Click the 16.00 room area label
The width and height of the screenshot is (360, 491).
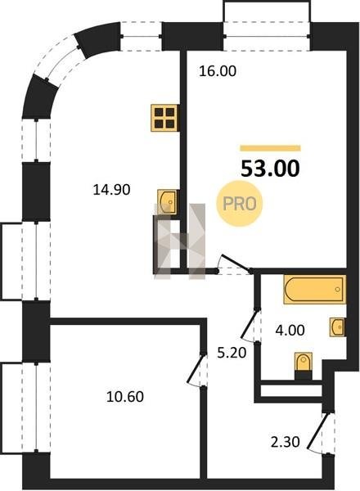[218, 71]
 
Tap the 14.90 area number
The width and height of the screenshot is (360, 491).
[111, 190]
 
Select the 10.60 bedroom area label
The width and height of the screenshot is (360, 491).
[125, 397]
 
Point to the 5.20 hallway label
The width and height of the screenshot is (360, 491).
[232, 353]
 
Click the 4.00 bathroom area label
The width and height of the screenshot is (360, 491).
[290, 330]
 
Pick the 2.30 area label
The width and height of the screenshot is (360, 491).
[286, 442]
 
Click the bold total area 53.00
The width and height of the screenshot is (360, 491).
[270, 169]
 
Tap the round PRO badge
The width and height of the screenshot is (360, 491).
[240, 204]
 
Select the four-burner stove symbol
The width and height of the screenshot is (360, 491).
[165, 118]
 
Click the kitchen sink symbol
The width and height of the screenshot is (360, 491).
[168, 202]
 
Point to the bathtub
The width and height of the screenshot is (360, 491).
[315, 290]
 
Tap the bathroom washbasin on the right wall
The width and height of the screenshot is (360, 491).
[338, 327]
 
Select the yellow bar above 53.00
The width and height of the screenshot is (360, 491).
[270, 148]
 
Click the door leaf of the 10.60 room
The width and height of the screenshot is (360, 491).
[196, 368]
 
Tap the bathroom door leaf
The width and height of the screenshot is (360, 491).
[250, 324]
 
